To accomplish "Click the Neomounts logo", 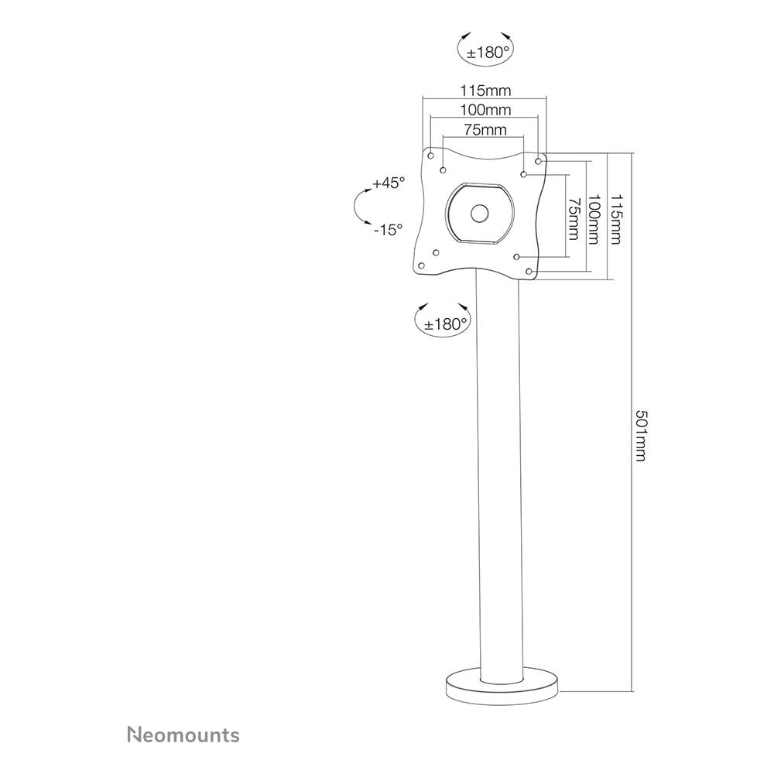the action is tap(183, 735).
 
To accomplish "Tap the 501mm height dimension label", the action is tap(641, 436).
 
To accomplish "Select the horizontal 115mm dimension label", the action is tap(486, 91).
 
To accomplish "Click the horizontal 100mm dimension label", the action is tap(486, 110).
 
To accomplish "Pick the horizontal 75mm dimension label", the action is tap(485, 129).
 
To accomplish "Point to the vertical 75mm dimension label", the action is tap(574, 219).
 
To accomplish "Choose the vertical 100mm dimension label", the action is tap(594, 219).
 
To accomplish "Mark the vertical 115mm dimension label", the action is tap(615, 219).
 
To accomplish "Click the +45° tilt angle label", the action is tap(389, 183).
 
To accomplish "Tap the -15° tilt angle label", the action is tap(388, 230).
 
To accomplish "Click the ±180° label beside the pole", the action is tap(445, 324).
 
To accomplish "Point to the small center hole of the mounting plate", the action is tap(479, 214).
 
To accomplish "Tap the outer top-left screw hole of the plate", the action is tap(430, 156).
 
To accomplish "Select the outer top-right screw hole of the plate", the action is tap(538, 161).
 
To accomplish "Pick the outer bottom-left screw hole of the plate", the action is tap(422, 266).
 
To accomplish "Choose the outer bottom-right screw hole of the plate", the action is tap(529, 272).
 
